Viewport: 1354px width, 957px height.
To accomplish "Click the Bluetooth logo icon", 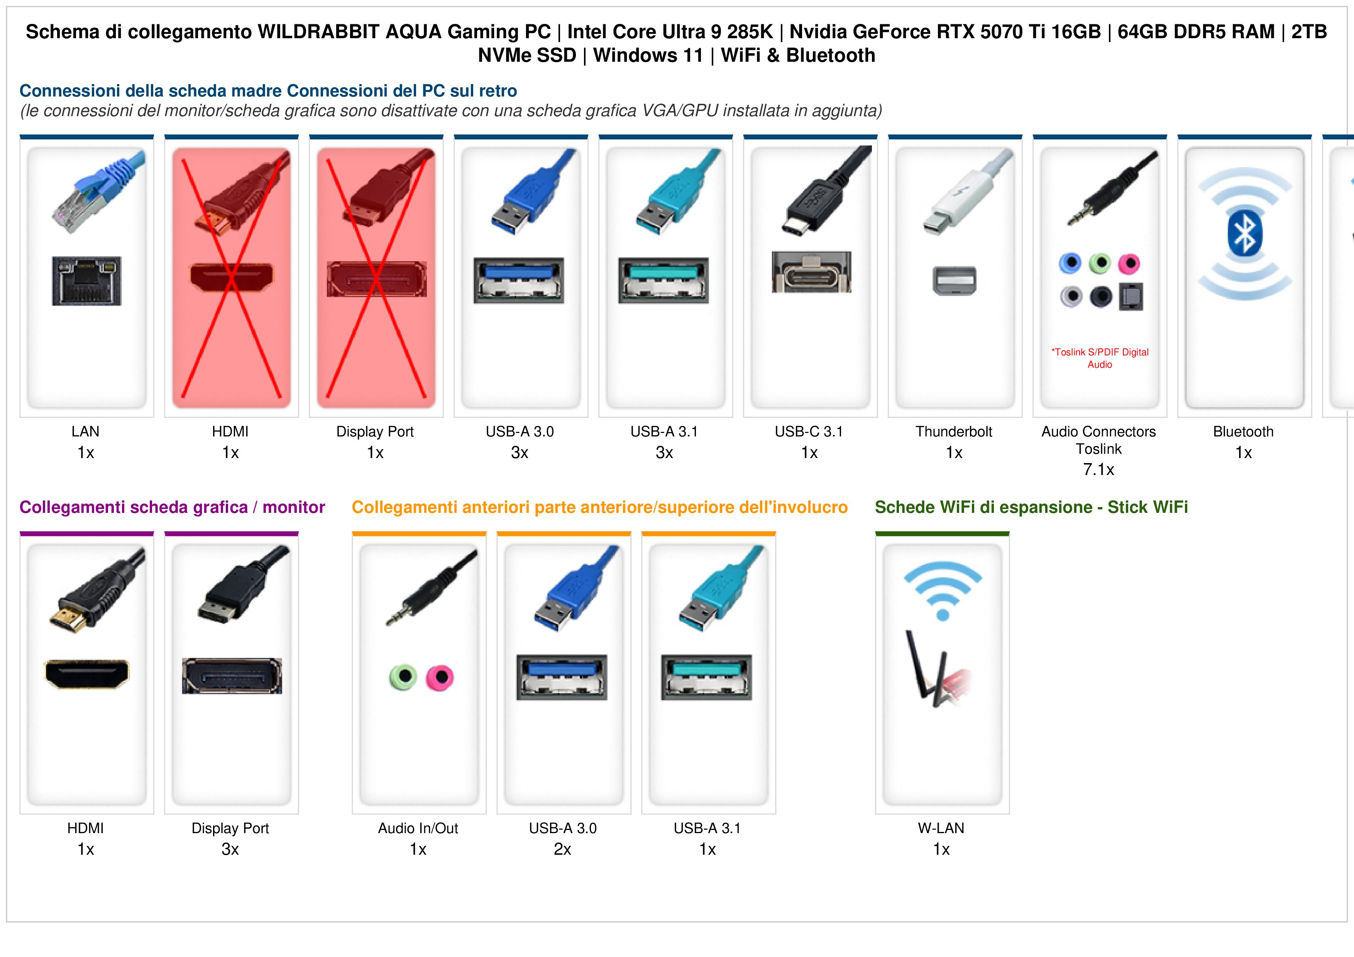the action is coord(1244,234).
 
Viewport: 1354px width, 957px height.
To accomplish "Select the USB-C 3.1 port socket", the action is coord(811,272).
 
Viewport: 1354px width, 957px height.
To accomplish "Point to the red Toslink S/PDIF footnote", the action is coord(1100,358).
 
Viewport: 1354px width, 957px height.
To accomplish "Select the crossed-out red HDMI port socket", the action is coord(231,277).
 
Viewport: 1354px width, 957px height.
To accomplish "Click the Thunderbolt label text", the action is coord(954,432).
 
